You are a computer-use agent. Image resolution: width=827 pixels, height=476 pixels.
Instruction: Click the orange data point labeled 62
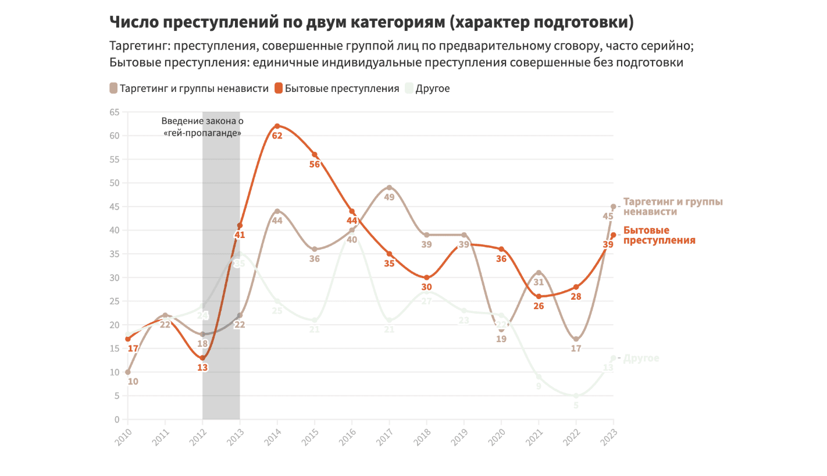pos(277,126)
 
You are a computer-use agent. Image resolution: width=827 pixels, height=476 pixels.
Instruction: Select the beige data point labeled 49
pos(389,187)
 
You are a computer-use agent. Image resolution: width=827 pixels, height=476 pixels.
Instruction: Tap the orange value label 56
pos(315,165)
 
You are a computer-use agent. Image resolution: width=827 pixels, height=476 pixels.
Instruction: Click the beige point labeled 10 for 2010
pos(128,372)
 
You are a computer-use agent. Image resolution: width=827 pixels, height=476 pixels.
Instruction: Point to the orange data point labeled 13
pos(202,358)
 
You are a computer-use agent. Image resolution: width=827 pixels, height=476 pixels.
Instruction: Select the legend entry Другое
pos(432,88)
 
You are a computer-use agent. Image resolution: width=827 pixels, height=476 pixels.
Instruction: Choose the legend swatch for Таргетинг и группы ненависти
pos(113,88)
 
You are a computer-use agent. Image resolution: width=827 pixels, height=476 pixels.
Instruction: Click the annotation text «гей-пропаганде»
pos(202,133)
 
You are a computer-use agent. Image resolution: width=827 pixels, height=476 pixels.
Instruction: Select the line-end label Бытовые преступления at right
pos(659,235)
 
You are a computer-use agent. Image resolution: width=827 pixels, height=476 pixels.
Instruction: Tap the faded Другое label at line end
pos(641,358)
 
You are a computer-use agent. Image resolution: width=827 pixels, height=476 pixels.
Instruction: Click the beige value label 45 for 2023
pos(608,217)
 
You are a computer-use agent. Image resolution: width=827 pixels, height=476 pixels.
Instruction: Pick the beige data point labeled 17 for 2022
pos(576,339)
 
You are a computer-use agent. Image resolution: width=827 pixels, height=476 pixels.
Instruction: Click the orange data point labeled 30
pos(426,278)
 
